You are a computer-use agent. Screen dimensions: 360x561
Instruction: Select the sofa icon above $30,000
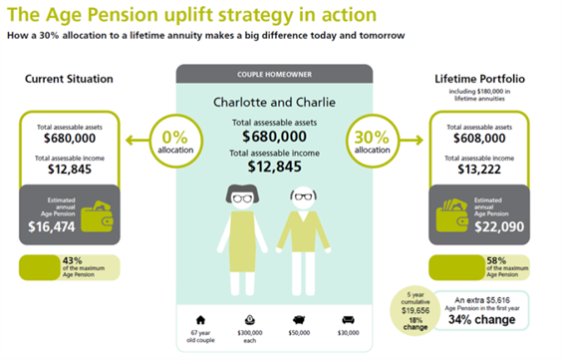point(347,318)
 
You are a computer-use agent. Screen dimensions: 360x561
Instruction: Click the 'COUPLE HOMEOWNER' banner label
point(273,74)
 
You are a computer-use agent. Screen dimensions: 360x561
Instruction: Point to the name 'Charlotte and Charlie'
point(273,102)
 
